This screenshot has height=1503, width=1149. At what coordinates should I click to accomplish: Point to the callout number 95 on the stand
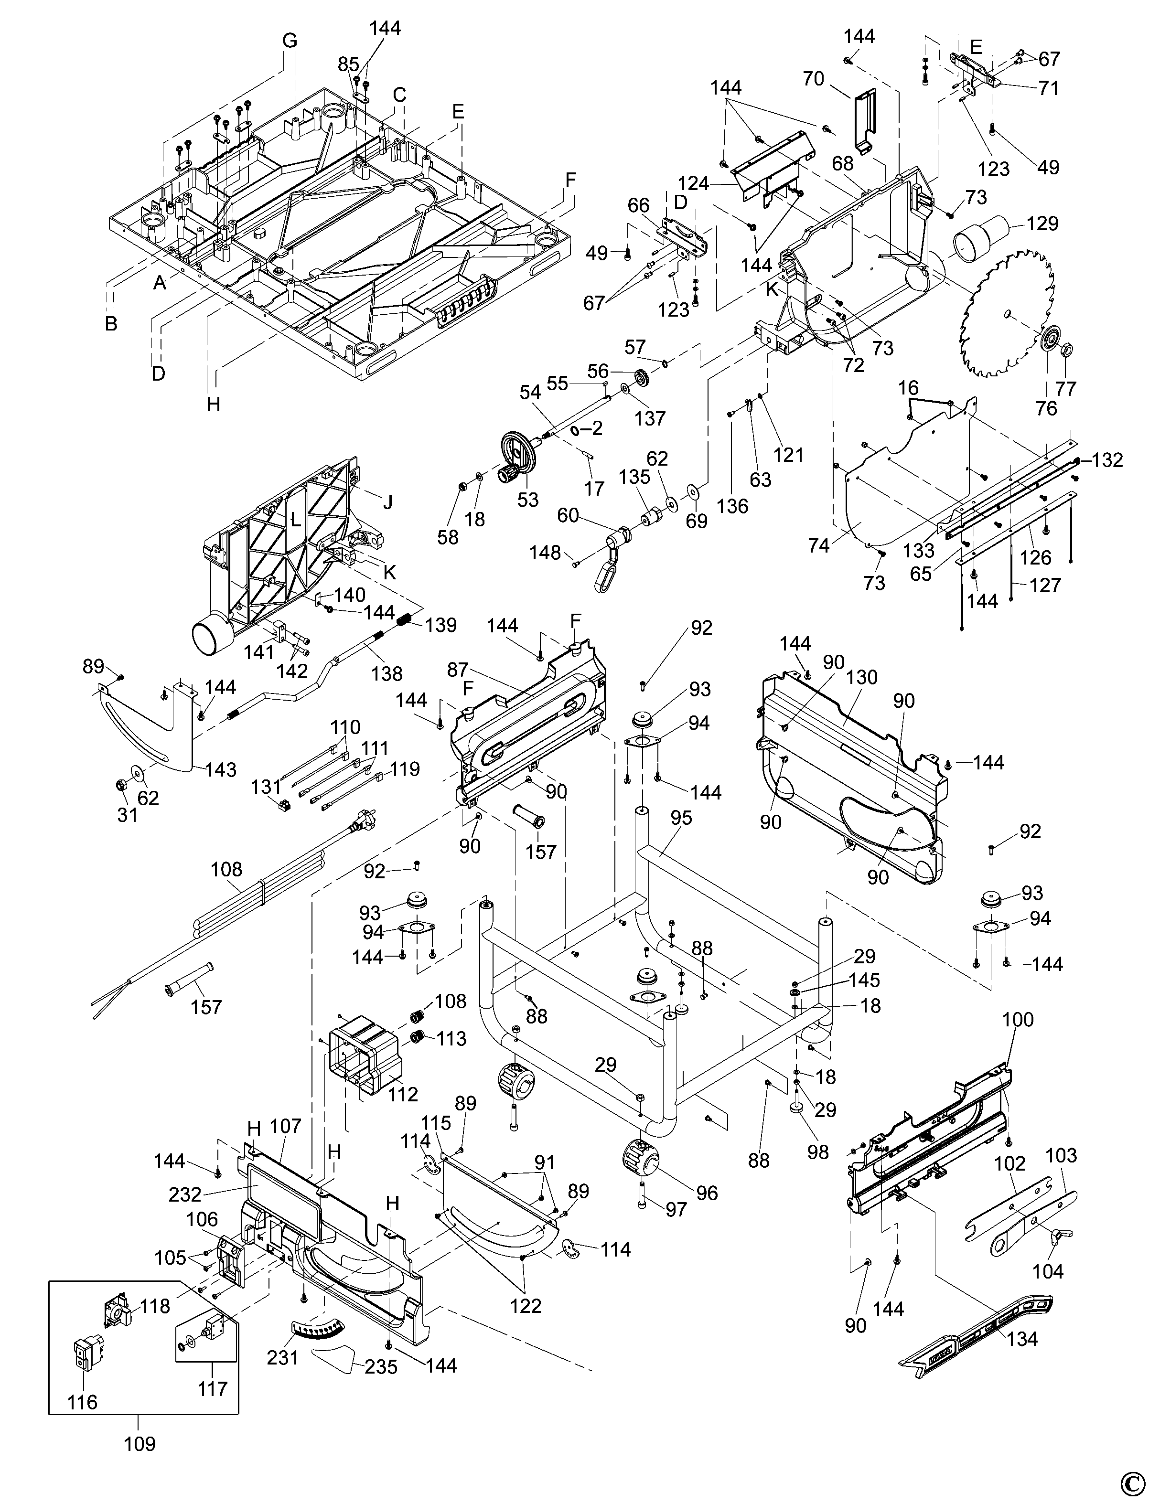pyautogui.click(x=681, y=818)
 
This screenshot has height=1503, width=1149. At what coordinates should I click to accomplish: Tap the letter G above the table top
pyautogui.click(x=290, y=41)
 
